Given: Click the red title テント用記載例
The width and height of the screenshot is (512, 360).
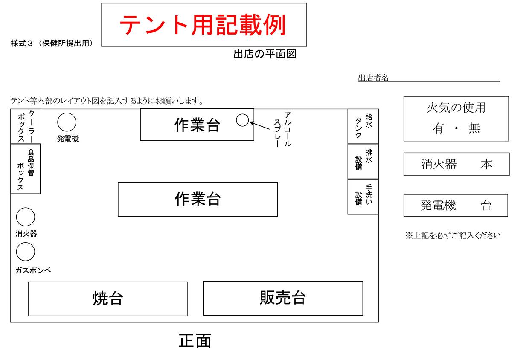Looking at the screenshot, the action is pyautogui.click(x=203, y=25).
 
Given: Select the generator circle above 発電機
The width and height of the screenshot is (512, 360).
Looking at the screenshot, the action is pyautogui.click(x=67, y=122).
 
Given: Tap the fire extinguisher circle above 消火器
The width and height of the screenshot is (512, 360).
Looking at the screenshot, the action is pyautogui.click(x=26, y=217).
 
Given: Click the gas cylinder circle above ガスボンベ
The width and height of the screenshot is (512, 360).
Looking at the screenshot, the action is pyautogui.click(x=26, y=252).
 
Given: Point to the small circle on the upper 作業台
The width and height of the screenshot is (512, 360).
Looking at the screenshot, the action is pyautogui.click(x=242, y=120).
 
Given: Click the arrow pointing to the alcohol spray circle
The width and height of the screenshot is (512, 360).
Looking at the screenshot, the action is pyautogui.click(x=260, y=126).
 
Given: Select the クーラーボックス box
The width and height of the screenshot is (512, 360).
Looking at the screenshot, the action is pyautogui.click(x=26, y=126).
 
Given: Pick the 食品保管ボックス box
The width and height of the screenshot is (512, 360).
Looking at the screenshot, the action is pyautogui.click(x=25, y=169).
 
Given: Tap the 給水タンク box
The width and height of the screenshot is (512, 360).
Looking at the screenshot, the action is pyautogui.click(x=363, y=126).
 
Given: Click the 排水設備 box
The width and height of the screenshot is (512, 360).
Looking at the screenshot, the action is pyautogui.click(x=363, y=161).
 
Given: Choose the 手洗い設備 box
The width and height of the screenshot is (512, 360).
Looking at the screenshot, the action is pyautogui.click(x=363, y=197).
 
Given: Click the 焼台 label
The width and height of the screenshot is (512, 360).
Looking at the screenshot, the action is pyautogui.click(x=108, y=298).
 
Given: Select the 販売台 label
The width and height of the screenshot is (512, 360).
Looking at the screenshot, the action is pyautogui.click(x=283, y=298).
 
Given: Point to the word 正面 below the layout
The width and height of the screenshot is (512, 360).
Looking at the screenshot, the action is pyautogui.click(x=195, y=340).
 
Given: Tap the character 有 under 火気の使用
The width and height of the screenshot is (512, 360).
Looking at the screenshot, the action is pyautogui.click(x=438, y=128).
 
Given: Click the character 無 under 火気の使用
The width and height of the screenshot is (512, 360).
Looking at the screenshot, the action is pyautogui.click(x=474, y=128).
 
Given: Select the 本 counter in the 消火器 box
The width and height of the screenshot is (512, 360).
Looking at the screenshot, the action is pyautogui.click(x=486, y=164).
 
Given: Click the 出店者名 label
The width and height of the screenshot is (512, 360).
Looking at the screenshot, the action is pyautogui.click(x=373, y=78).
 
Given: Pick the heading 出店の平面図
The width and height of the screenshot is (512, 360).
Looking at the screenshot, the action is pyautogui.click(x=265, y=54).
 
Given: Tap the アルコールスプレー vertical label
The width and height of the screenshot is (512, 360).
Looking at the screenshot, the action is pyautogui.click(x=282, y=129).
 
